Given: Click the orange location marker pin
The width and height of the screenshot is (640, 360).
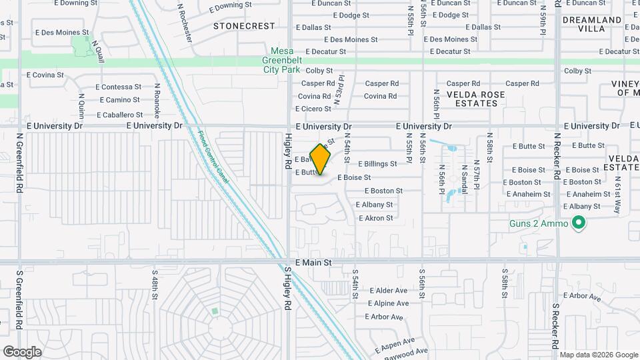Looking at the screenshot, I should tap(320, 159).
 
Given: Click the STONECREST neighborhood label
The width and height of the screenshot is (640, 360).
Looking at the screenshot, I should tap(244, 26).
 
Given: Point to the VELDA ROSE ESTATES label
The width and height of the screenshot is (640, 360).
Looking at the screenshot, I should tap(475, 99).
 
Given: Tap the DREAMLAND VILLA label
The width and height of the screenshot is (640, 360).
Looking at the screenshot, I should tap(592, 25).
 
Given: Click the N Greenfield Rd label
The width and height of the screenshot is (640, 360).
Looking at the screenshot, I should tap(19, 163).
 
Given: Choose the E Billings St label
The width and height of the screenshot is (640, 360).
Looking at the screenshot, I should tap(377, 163).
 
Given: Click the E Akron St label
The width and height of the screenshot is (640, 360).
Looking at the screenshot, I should tap(375, 218).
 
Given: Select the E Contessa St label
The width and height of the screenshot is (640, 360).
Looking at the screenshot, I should tap(119, 87).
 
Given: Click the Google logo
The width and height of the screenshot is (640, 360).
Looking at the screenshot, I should tap(22, 351).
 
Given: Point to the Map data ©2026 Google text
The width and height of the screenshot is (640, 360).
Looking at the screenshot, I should tap(598, 355).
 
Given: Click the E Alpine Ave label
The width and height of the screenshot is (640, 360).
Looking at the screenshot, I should tap(387, 303).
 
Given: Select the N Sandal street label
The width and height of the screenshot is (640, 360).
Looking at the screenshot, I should tap(463, 177).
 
